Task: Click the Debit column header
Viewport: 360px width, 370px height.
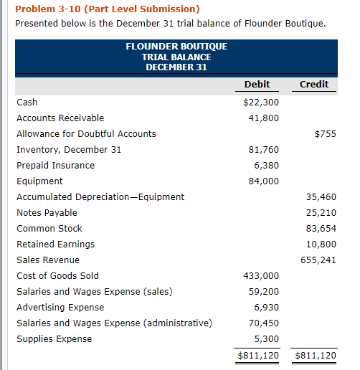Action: [x=257, y=84]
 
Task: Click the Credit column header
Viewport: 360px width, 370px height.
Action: [x=313, y=84]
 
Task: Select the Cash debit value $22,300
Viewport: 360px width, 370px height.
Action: [x=261, y=103]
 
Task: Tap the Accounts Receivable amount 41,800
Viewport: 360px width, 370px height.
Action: [x=265, y=118]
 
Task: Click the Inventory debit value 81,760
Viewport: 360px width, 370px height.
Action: [x=265, y=150]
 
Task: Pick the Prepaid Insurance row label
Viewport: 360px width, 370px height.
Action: [x=55, y=166]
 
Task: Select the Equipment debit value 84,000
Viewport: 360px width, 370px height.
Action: [x=265, y=181]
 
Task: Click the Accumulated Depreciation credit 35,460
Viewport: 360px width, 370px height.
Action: [x=321, y=197]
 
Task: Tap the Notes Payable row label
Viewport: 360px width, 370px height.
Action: [x=47, y=213]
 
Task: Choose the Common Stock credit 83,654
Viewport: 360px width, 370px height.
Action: [x=321, y=229]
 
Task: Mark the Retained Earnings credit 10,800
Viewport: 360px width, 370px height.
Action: [x=321, y=245]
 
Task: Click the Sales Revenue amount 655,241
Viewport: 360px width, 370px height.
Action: [x=318, y=260]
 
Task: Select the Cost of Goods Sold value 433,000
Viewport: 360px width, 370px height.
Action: [x=262, y=276]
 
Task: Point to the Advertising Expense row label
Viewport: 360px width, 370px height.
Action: [x=60, y=308]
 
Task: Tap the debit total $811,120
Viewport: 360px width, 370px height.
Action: [x=258, y=355]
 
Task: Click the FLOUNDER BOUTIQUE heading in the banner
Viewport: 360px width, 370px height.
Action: [x=176, y=47]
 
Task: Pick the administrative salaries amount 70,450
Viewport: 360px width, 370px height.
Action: [x=265, y=323]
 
